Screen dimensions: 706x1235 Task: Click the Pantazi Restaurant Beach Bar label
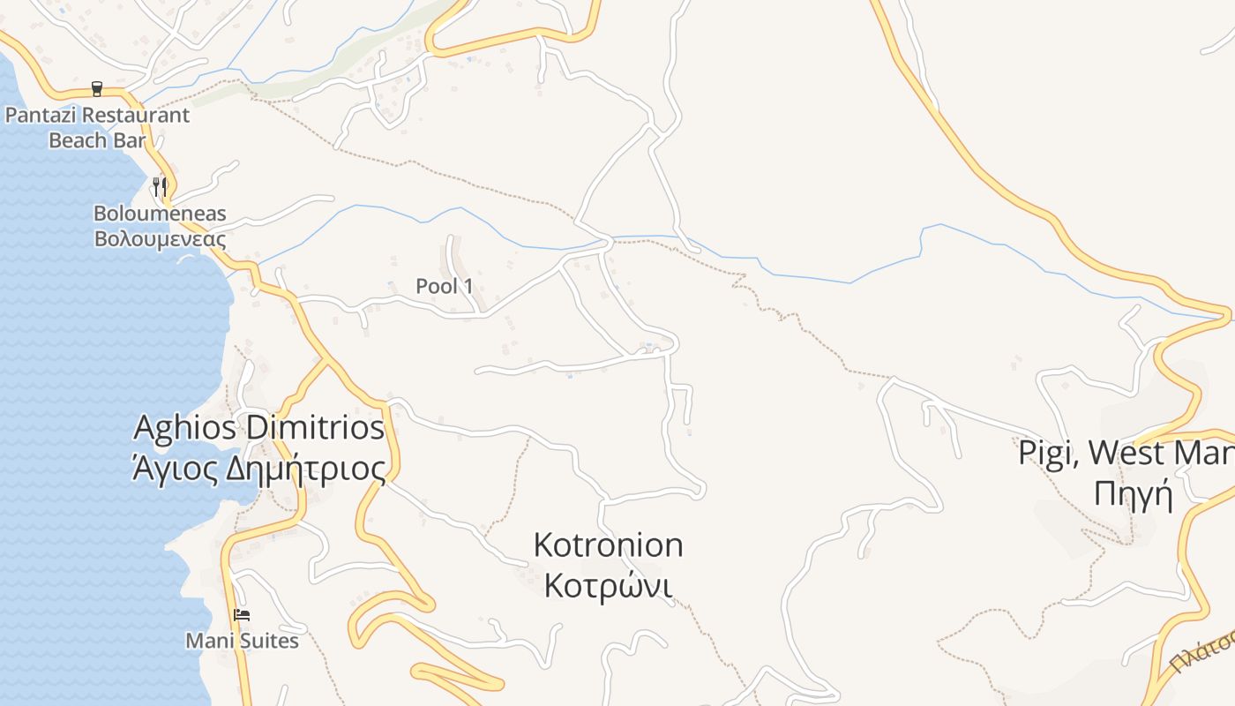(x=97, y=127)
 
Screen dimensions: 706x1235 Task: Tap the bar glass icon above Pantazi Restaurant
(x=97, y=88)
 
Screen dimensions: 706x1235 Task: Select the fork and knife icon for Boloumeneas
(x=160, y=186)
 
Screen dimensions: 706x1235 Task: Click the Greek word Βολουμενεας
(x=160, y=239)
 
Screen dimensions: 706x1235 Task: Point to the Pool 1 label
(x=445, y=286)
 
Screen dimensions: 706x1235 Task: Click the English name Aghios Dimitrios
(x=258, y=428)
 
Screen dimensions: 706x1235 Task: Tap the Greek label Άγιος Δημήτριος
(x=258, y=469)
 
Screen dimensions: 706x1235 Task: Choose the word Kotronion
(x=608, y=545)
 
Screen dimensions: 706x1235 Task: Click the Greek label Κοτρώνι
(x=608, y=585)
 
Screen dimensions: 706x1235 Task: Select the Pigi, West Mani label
(x=1126, y=453)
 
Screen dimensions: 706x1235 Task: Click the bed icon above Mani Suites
(x=242, y=614)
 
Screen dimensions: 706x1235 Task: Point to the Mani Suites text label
(x=242, y=641)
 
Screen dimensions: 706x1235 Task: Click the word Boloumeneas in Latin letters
(x=160, y=214)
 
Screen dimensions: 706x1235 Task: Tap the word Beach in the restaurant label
(x=72, y=140)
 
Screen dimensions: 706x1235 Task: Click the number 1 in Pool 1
(x=468, y=286)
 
